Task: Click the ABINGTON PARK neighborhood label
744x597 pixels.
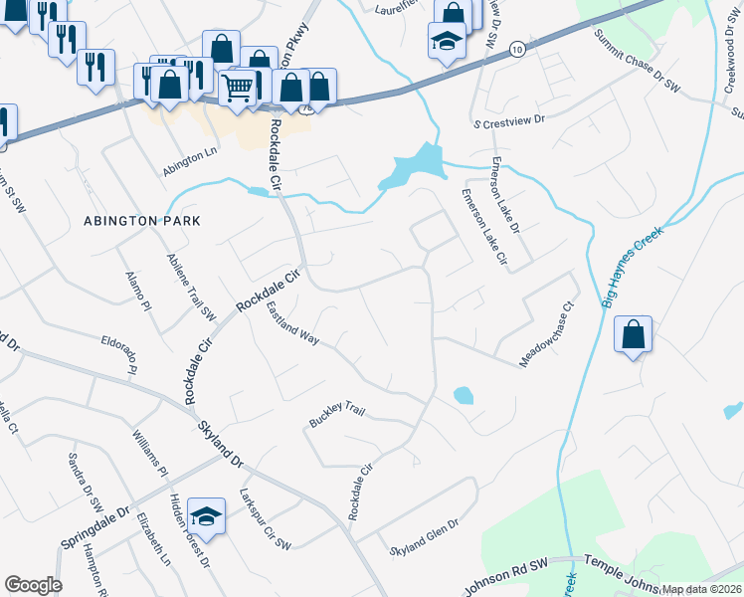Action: [143, 220]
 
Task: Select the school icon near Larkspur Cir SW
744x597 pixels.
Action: [206, 515]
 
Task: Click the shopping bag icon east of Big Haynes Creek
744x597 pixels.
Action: [633, 334]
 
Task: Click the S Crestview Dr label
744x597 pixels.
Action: [509, 119]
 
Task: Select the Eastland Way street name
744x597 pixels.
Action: [292, 324]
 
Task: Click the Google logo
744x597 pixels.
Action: [33, 585]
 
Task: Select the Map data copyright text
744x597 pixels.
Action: [701, 589]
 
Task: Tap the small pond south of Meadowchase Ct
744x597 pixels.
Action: [463, 395]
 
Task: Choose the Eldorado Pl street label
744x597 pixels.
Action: [117, 353]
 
